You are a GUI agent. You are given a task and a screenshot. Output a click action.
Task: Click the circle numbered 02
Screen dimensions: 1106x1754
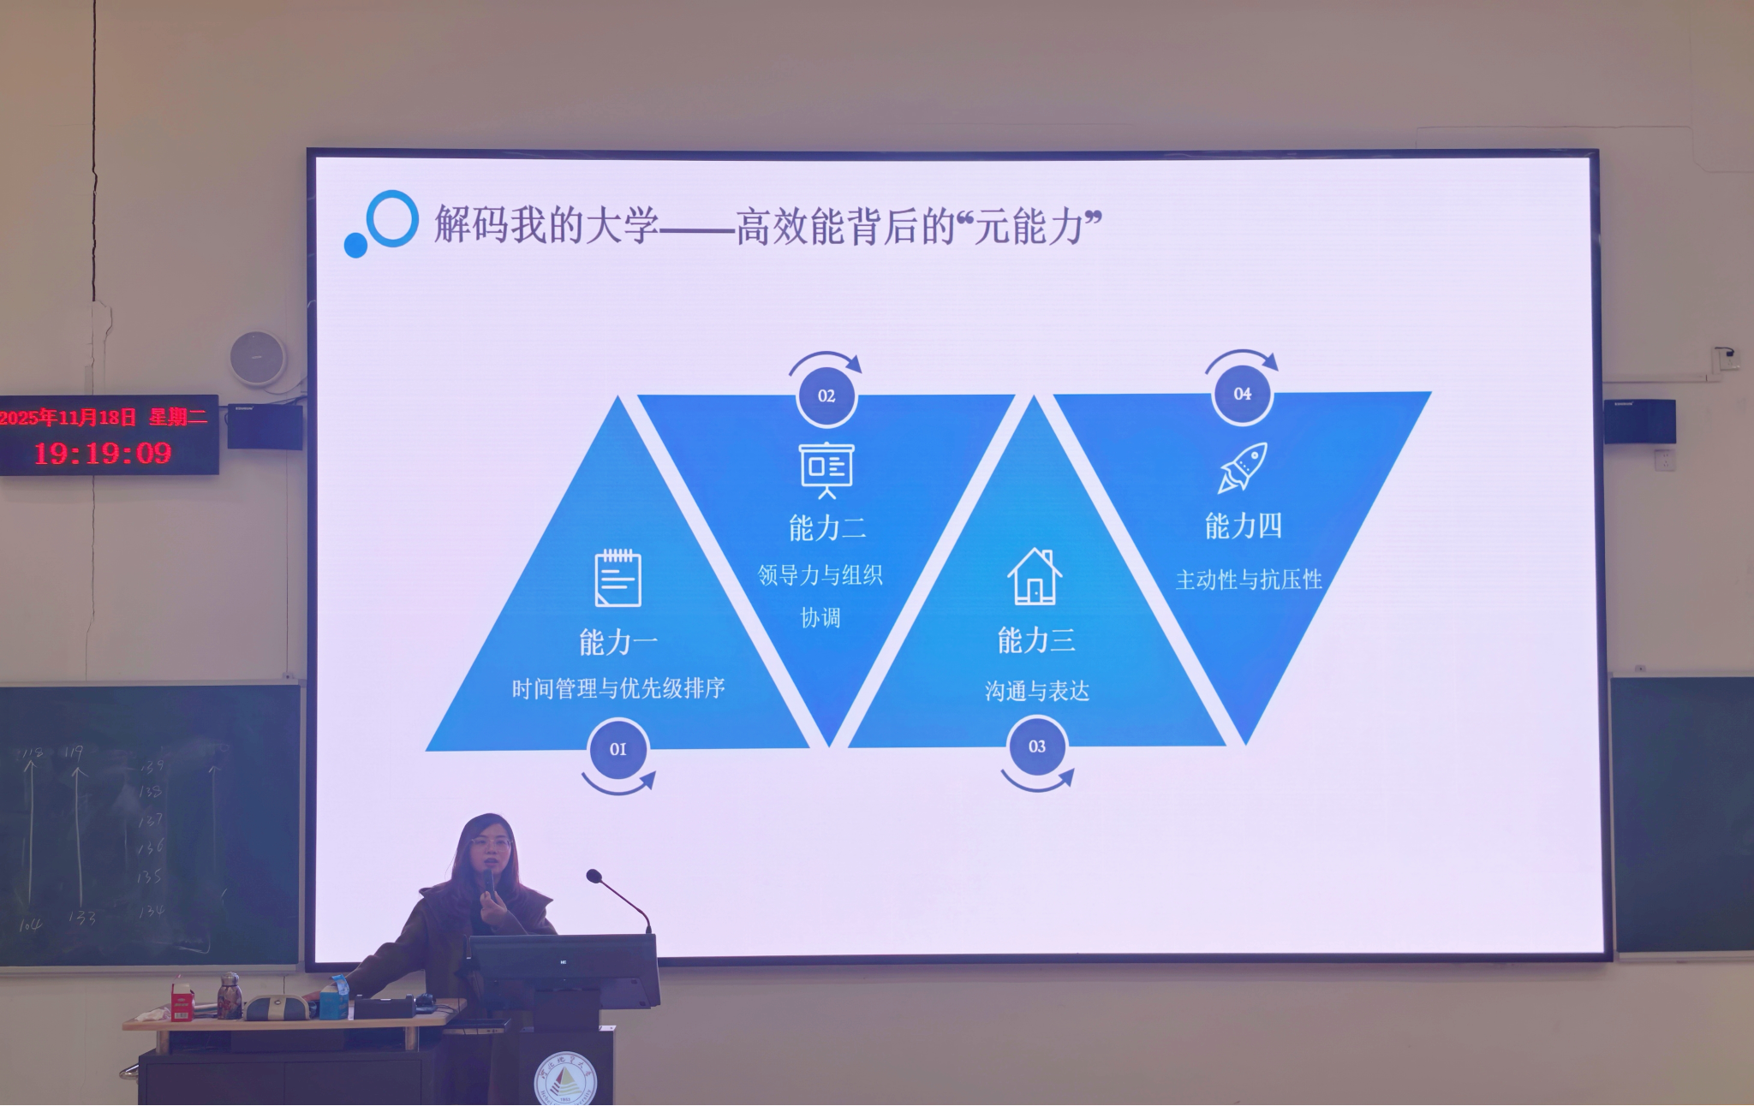point(826,395)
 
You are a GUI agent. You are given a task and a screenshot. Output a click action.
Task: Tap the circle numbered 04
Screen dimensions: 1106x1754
point(1242,394)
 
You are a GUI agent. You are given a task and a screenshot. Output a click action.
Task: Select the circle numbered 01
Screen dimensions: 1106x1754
point(617,749)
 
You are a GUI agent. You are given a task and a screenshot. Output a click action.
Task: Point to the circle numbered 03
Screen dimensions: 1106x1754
point(1036,746)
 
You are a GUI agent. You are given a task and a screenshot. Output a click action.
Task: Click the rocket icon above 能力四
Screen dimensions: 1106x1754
point(1243,467)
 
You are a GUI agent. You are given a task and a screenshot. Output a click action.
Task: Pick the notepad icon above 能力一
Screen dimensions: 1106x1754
point(617,579)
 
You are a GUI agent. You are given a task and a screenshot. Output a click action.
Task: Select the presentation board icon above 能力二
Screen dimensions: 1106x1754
point(826,469)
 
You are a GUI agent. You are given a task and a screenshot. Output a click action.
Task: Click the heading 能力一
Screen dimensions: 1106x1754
point(617,642)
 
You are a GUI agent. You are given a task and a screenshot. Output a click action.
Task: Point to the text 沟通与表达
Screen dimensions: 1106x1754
point(1036,691)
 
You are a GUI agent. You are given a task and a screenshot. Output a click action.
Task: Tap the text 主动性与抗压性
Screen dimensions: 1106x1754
point(1249,580)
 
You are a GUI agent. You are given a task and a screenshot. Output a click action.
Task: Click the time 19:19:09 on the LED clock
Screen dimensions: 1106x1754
point(103,453)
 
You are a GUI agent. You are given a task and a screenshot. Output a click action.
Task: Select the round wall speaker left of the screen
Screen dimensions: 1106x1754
point(257,357)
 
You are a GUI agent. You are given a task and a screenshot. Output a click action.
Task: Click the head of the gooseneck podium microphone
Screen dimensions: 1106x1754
point(594,876)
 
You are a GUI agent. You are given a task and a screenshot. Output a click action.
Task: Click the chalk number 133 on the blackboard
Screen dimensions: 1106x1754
point(82,917)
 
